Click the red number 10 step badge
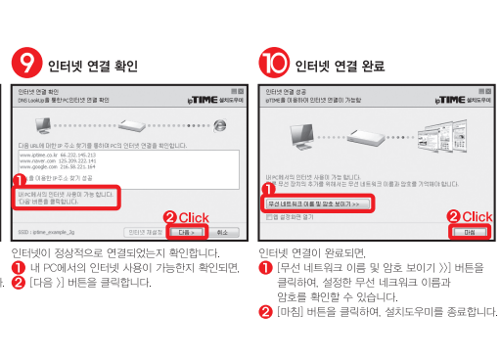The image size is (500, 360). click(x=277, y=65)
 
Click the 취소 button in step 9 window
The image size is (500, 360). click(x=223, y=233)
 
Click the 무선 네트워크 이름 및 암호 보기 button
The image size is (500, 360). click(x=316, y=203)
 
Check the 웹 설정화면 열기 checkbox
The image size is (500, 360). click(x=269, y=216)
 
